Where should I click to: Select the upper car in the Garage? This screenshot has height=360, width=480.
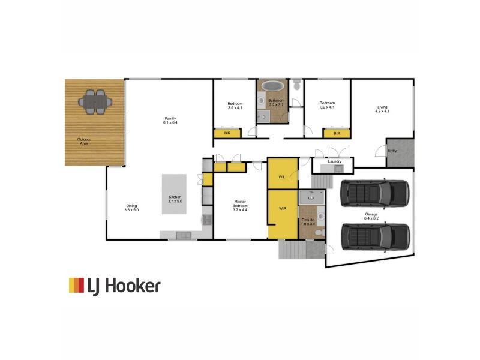point(374,193)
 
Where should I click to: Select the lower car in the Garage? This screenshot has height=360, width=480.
point(374,236)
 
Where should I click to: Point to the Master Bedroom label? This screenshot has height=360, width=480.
point(241,203)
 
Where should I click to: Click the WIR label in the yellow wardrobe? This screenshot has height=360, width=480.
point(283,209)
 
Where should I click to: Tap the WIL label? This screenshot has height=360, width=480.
point(282,177)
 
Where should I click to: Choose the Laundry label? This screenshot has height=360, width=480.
point(335,161)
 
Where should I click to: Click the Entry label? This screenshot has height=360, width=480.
point(392,151)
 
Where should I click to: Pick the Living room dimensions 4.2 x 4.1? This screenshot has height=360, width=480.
point(382,111)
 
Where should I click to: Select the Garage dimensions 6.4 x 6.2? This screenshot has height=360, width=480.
point(371,218)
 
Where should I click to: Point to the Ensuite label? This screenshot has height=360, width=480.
point(308,220)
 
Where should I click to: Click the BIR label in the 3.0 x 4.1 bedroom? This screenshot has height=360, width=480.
point(227,133)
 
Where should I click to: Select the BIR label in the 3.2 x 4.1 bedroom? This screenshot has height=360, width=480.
point(337,133)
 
